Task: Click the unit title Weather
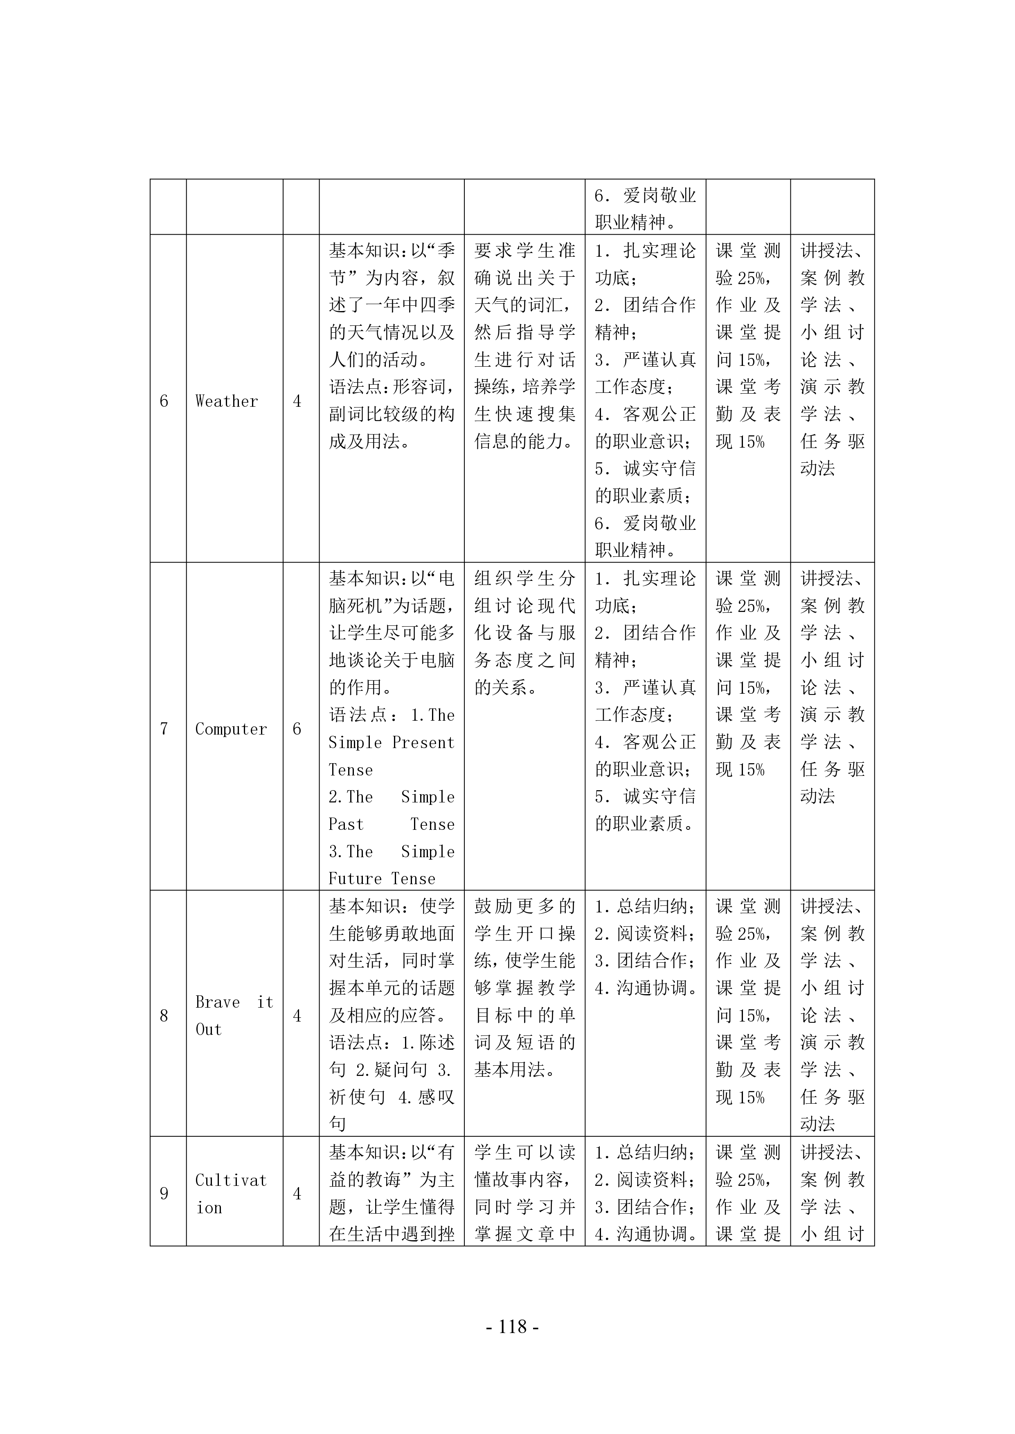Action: (x=226, y=401)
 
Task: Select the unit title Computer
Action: (x=231, y=729)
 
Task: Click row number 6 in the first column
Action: (x=164, y=401)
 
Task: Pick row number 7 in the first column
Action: (x=164, y=729)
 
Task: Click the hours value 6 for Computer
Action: (x=297, y=729)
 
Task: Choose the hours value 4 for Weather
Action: (x=297, y=401)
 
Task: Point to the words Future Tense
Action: (x=382, y=879)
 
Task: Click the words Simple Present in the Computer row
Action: (x=391, y=743)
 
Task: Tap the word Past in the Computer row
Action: (x=346, y=825)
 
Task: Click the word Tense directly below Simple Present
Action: (x=350, y=770)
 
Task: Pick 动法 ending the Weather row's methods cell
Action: (x=817, y=468)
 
